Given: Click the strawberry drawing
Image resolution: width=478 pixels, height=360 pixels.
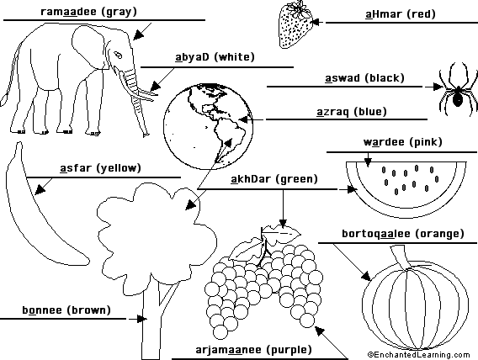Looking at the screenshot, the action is click(x=295, y=25).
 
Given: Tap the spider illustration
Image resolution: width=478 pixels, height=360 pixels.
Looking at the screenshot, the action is click(x=458, y=90).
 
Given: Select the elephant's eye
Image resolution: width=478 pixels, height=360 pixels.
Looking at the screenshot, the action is click(x=119, y=56).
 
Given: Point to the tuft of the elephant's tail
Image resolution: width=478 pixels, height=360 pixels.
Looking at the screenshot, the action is click(x=4, y=99).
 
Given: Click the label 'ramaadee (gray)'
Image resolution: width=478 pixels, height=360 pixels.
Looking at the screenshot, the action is click(x=88, y=12).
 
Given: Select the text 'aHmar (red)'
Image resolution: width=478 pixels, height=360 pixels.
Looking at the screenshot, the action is click(x=401, y=14).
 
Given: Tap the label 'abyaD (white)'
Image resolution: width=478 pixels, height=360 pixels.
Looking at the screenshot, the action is click(x=215, y=57).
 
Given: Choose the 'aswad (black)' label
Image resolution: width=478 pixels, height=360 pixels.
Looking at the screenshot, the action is click(x=364, y=78).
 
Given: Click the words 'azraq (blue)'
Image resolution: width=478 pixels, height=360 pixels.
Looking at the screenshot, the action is click(x=352, y=112).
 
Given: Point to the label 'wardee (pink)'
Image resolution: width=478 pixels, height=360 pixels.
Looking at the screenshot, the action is click(x=403, y=142).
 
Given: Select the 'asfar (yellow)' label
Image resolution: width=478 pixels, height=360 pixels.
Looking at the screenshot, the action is click(x=100, y=168).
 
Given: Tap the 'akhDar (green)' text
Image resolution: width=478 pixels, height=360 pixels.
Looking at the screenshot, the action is click(x=274, y=179).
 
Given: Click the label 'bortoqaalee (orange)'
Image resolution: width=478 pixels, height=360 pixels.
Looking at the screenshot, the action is click(x=403, y=234).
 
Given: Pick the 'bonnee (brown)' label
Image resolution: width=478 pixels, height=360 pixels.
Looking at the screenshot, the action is click(x=66, y=310).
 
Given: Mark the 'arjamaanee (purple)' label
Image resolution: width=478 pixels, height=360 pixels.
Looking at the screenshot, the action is click(x=253, y=350).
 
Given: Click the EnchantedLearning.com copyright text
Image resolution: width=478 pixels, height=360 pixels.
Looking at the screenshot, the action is click(x=419, y=355).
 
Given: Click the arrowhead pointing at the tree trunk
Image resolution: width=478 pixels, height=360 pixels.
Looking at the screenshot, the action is click(x=141, y=319).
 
